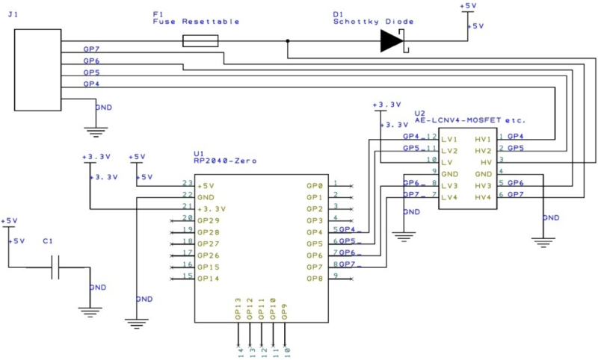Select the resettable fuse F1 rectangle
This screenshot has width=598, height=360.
[200, 41]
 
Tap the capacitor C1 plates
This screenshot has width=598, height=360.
[55, 267]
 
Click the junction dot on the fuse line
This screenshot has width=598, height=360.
[288, 41]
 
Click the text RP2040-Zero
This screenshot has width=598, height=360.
[225, 161]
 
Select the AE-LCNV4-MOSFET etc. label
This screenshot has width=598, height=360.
[470, 120]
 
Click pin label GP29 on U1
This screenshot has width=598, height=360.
[209, 220]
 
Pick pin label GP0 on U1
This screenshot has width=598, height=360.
[315, 186]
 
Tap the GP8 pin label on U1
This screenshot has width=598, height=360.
[315, 279]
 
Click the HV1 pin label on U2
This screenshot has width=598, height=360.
[483, 140]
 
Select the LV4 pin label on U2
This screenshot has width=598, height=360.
[449, 197]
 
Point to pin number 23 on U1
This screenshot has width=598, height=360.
[188, 183]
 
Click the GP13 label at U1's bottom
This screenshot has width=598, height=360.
[238, 308]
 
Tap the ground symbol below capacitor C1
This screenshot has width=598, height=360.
[90, 312]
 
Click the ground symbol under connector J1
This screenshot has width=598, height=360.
[96, 132]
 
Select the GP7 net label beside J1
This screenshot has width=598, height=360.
[91, 49]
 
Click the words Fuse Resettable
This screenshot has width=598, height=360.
[196, 22]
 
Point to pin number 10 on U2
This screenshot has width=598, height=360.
[432, 160]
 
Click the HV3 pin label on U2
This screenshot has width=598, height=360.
[483, 186]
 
